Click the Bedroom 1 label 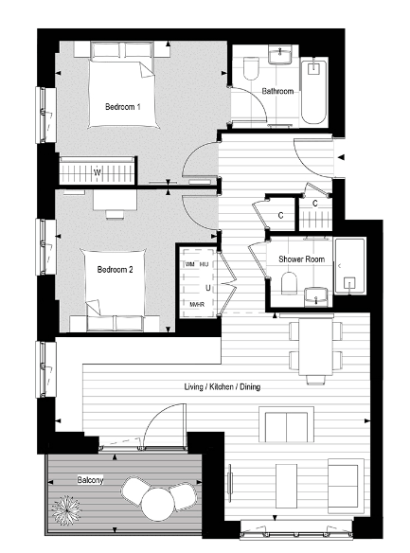tap(122, 108)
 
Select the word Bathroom tap(278, 91)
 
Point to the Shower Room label tap(302, 259)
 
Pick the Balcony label tap(90, 480)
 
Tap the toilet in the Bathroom tap(251, 69)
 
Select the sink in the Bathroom tap(280, 56)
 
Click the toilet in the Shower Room tap(291, 284)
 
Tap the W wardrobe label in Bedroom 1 tap(98, 171)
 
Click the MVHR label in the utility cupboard tap(197, 305)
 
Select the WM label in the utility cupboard tap(189, 264)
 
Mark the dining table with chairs tap(312, 347)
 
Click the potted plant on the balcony tap(67, 512)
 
